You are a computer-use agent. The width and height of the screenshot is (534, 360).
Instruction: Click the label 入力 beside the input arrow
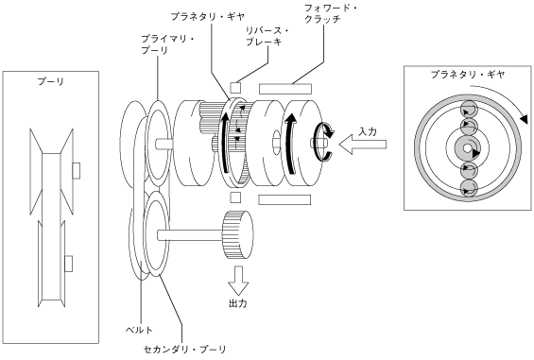[368, 131]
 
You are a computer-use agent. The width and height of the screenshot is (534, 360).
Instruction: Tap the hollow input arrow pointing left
[362, 145]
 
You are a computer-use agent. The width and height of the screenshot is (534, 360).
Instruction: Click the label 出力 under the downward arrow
[238, 303]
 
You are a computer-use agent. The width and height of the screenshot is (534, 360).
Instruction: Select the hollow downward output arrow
[238, 281]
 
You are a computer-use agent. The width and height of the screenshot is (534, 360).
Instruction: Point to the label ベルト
[139, 330]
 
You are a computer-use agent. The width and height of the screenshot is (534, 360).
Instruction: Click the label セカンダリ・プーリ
[185, 350]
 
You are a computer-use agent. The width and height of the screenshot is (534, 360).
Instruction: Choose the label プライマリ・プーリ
[168, 45]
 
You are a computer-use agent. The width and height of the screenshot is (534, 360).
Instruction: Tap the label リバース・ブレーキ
[267, 37]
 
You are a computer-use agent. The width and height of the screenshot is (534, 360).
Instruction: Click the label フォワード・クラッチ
[331, 13]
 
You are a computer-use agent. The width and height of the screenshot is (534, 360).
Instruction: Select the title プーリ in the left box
[51, 82]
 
